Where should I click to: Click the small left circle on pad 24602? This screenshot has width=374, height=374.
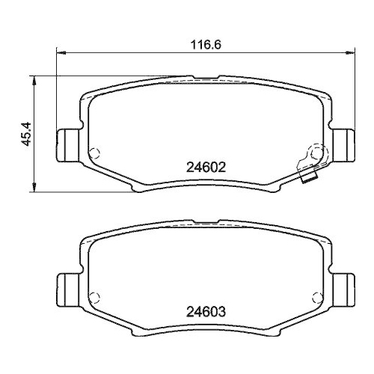[x=93, y=155]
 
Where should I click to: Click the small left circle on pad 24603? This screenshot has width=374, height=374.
[x=93, y=298]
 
